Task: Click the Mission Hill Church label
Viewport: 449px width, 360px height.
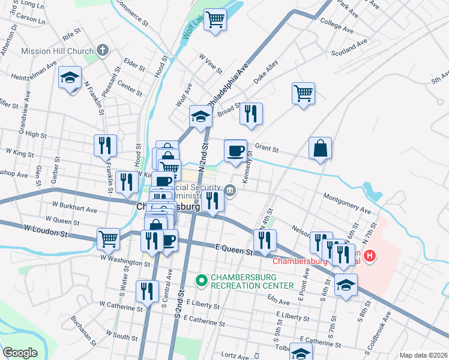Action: [58, 51]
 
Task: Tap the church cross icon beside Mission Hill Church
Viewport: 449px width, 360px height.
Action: [102, 50]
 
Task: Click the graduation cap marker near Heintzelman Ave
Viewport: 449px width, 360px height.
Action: [70, 78]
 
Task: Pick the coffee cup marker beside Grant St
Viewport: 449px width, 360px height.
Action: [235, 150]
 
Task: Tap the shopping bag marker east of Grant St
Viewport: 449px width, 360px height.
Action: [321, 148]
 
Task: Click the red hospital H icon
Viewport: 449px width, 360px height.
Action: [370, 256]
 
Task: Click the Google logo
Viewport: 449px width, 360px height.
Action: [20, 353]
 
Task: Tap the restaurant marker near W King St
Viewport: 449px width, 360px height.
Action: [105, 145]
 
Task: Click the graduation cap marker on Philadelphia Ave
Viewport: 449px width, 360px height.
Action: [200, 115]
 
